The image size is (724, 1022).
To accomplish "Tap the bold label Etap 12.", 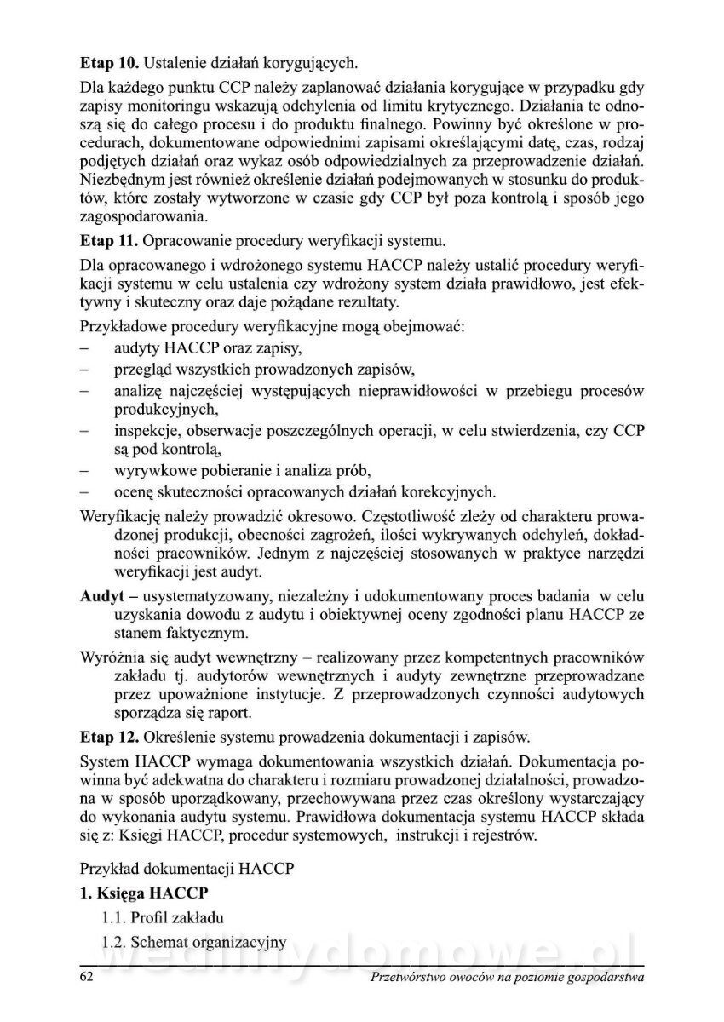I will point(108,733).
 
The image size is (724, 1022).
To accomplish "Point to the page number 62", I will point(86,978).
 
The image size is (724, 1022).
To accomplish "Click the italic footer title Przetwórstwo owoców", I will point(509,978).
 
